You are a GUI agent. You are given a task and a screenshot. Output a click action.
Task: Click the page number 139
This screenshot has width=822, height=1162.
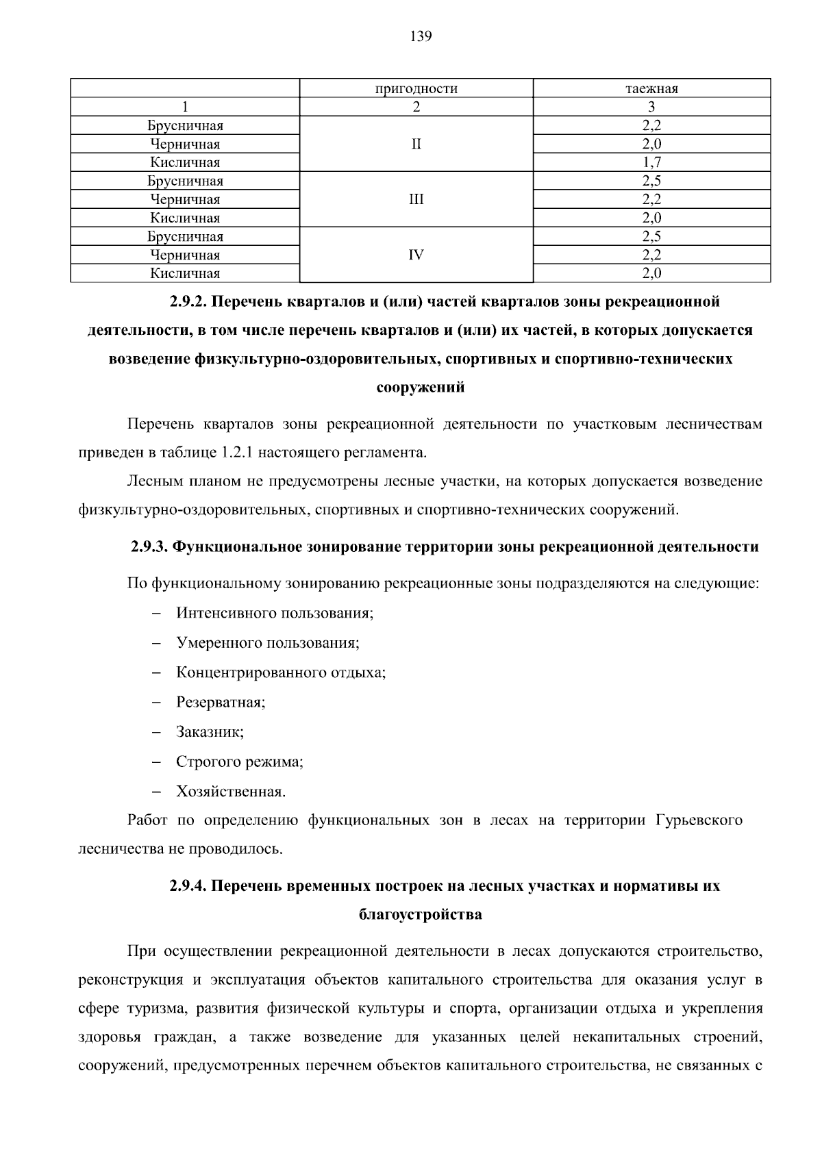(x=421, y=37)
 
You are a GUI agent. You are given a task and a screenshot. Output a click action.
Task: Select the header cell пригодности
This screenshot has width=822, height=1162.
(x=416, y=89)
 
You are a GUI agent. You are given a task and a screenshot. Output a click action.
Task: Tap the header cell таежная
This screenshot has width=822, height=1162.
(x=651, y=89)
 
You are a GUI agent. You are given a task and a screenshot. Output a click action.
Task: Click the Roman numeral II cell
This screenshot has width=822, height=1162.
(x=416, y=144)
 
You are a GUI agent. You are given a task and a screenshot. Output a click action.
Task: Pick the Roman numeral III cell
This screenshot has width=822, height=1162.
(x=416, y=200)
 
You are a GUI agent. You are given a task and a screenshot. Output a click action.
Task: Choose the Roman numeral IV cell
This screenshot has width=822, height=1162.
(x=416, y=255)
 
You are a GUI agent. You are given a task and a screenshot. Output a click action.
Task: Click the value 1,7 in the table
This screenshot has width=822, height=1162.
(x=651, y=163)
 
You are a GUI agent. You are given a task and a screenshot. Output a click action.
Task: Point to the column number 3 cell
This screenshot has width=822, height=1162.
(x=651, y=107)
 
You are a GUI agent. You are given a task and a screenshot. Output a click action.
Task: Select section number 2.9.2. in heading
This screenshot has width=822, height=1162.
(x=193, y=302)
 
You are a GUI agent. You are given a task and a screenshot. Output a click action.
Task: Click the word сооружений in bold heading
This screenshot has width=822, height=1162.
(x=421, y=388)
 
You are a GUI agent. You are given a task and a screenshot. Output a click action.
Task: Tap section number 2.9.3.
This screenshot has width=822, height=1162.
(x=149, y=547)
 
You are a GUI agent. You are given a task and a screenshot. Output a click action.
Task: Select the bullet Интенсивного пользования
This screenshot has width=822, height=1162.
(x=275, y=613)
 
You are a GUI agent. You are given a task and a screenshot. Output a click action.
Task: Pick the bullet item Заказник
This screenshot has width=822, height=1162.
(x=210, y=732)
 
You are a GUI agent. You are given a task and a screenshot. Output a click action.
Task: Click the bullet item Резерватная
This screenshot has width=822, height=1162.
(x=221, y=703)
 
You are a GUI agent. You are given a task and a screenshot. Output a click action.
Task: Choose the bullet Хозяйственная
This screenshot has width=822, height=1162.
(x=231, y=792)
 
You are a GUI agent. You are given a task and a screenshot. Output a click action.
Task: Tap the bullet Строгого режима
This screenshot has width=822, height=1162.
(x=240, y=762)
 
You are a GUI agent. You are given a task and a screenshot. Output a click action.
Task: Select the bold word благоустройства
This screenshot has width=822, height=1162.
(x=421, y=915)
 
